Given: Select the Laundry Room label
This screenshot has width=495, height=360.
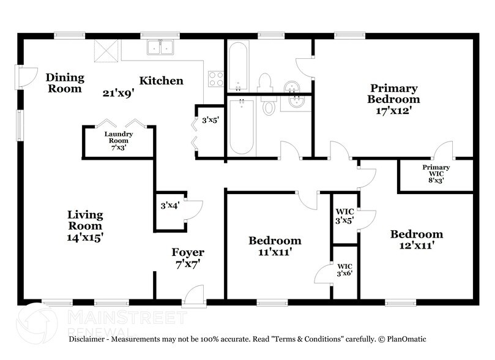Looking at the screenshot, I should pyautogui.click(x=119, y=137).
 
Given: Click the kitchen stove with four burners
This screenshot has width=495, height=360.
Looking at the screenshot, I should pyautogui.click(x=216, y=78).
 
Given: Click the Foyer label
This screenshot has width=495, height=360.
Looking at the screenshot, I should pyautogui.click(x=188, y=252).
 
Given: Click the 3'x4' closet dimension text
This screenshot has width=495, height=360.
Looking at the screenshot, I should pyautogui.click(x=169, y=206).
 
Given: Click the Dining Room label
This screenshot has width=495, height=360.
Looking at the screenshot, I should pyautogui.click(x=64, y=83).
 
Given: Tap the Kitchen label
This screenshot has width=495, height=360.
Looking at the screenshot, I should pyautogui.click(x=161, y=80).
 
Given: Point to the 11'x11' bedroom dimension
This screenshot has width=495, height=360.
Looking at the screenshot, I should pyautogui.click(x=275, y=252).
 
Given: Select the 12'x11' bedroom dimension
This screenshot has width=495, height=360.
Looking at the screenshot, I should pyautogui.click(x=417, y=246).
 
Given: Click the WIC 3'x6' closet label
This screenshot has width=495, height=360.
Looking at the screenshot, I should pyautogui.click(x=345, y=270).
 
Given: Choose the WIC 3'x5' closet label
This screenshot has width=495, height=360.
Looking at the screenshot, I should pyautogui.click(x=345, y=216).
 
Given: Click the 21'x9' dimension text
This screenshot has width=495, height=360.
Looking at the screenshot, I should pyautogui.click(x=119, y=93).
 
